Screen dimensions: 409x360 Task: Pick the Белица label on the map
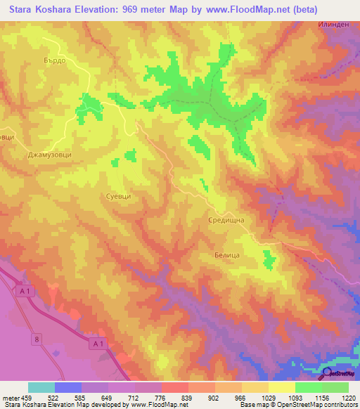(226, 257)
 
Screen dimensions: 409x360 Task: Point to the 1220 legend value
(349, 397)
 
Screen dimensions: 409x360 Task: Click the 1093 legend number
(295, 397)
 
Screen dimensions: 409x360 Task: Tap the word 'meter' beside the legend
(10, 397)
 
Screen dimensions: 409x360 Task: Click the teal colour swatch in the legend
(41, 387)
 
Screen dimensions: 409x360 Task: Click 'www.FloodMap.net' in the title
(236, 10)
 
